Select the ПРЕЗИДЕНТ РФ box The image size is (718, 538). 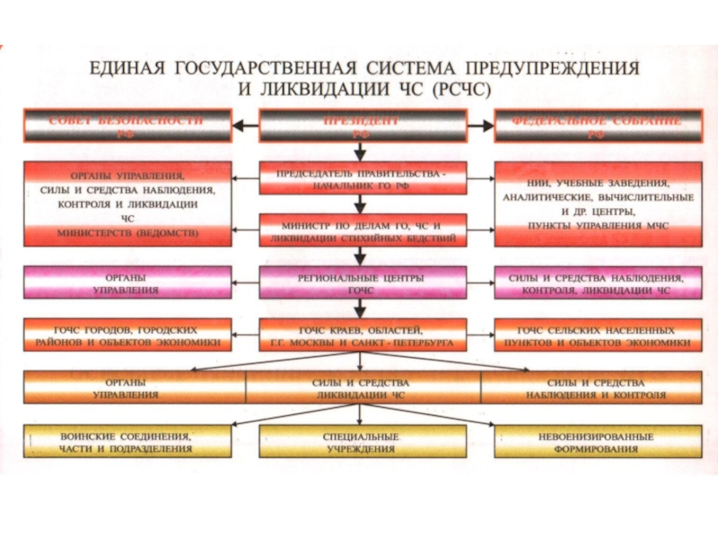point(362,126)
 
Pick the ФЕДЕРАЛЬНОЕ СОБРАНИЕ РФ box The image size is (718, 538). point(596,126)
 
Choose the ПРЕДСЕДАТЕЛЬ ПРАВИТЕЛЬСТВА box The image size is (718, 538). point(362,178)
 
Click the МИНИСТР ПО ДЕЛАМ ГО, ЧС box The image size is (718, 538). point(362,229)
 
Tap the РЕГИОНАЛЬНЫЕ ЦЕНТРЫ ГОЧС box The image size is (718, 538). point(362,283)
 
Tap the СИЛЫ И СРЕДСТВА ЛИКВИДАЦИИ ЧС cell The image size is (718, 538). point(362,387)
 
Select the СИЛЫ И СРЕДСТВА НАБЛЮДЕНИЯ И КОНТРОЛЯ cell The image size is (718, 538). point(596,387)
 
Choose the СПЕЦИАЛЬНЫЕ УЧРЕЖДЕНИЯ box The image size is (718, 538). point(362,440)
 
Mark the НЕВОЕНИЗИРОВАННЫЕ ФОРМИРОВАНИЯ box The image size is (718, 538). point(596,440)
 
